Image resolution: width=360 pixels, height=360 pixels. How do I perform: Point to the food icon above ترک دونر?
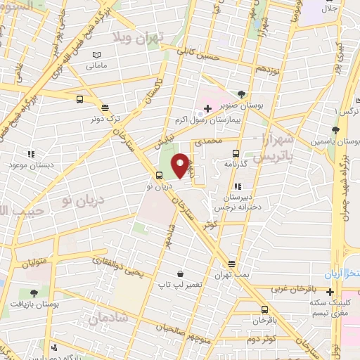tap(105, 108)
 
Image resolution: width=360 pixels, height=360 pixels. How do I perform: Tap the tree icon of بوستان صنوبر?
tap(242, 94)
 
